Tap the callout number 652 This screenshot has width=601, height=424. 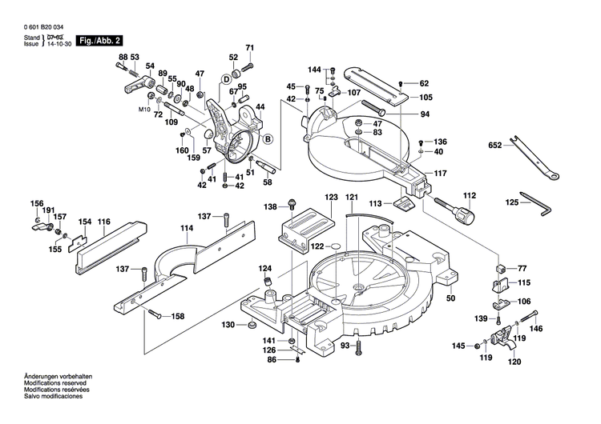(496, 146)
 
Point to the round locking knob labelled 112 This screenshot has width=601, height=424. (462, 214)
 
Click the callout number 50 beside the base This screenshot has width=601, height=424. (450, 298)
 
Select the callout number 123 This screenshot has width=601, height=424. (331, 197)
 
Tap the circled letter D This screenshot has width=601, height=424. (226, 79)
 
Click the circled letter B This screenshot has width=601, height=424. (268, 140)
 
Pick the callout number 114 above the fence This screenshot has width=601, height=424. (187, 228)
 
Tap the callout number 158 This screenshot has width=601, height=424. (177, 317)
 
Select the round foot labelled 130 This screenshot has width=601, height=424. (249, 326)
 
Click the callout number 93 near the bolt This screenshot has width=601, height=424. (345, 346)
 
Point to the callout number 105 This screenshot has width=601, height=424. (425, 98)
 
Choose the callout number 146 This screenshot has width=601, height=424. (537, 329)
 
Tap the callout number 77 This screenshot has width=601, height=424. (522, 268)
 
